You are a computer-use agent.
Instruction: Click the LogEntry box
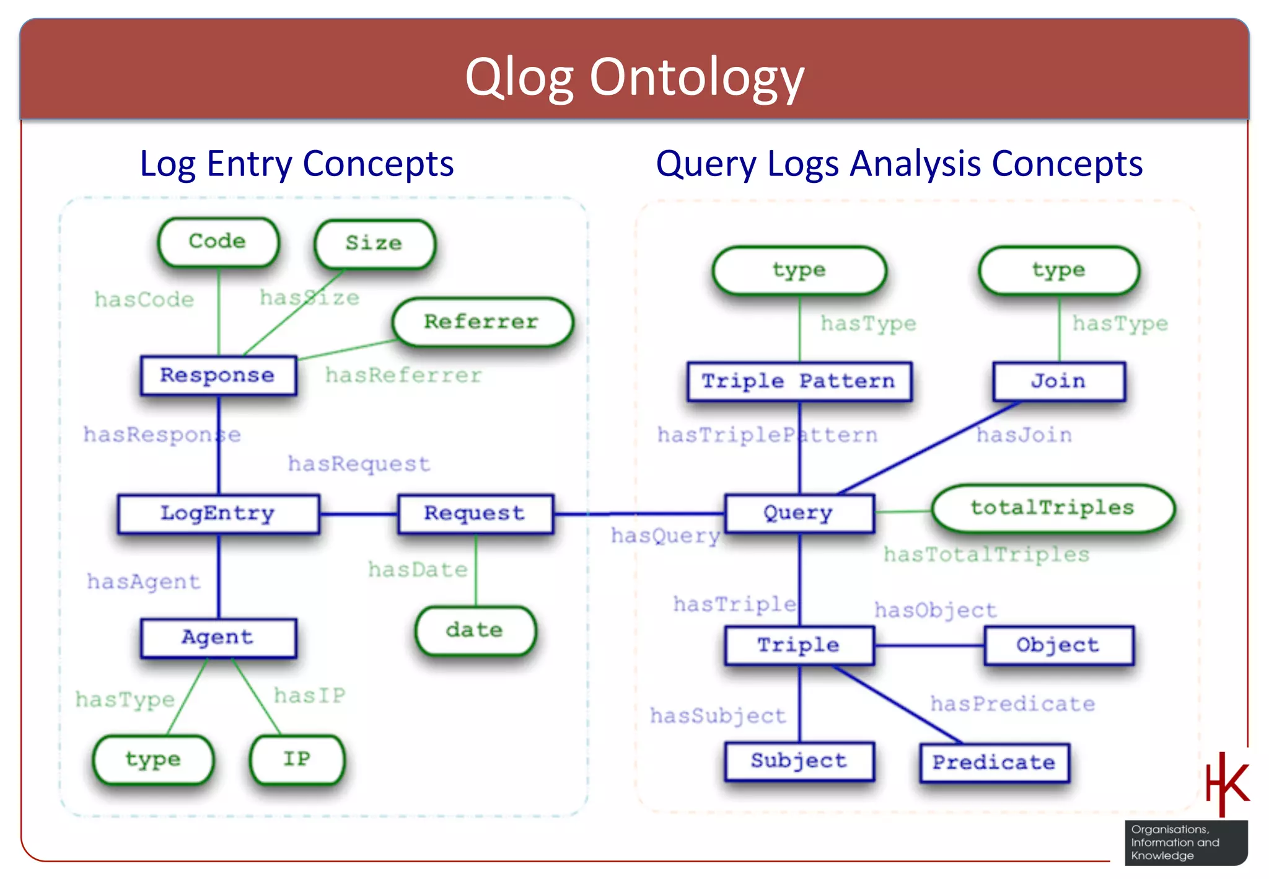(x=218, y=513)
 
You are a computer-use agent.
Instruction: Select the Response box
(x=218, y=375)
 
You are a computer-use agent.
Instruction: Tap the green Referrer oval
(x=481, y=322)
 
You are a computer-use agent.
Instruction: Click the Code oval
(x=218, y=241)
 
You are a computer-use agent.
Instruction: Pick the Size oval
(x=374, y=243)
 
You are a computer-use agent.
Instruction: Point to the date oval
(x=475, y=630)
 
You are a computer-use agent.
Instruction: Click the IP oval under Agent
(x=297, y=759)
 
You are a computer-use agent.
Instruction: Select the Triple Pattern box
(x=799, y=381)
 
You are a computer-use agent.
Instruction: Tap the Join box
(x=1058, y=381)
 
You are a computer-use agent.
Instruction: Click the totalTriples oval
(x=1052, y=508)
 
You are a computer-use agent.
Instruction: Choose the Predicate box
(x=995, y=762)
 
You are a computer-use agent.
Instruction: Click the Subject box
(x=799, y=761)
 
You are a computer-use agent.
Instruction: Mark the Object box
(x=1058, y=645)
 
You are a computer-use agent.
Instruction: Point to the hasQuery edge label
(x=665, y=536)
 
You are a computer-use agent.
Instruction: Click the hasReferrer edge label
(x=403, y=375)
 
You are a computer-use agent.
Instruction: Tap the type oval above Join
(x=1058, y=270)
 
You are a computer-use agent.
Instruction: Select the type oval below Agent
(x=153, y=759)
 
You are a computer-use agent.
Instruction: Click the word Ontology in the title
(x=696, y=77)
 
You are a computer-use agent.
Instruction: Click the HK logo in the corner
(x=1226, y=784)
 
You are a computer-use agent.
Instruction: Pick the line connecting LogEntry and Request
(x=358, y=514)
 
